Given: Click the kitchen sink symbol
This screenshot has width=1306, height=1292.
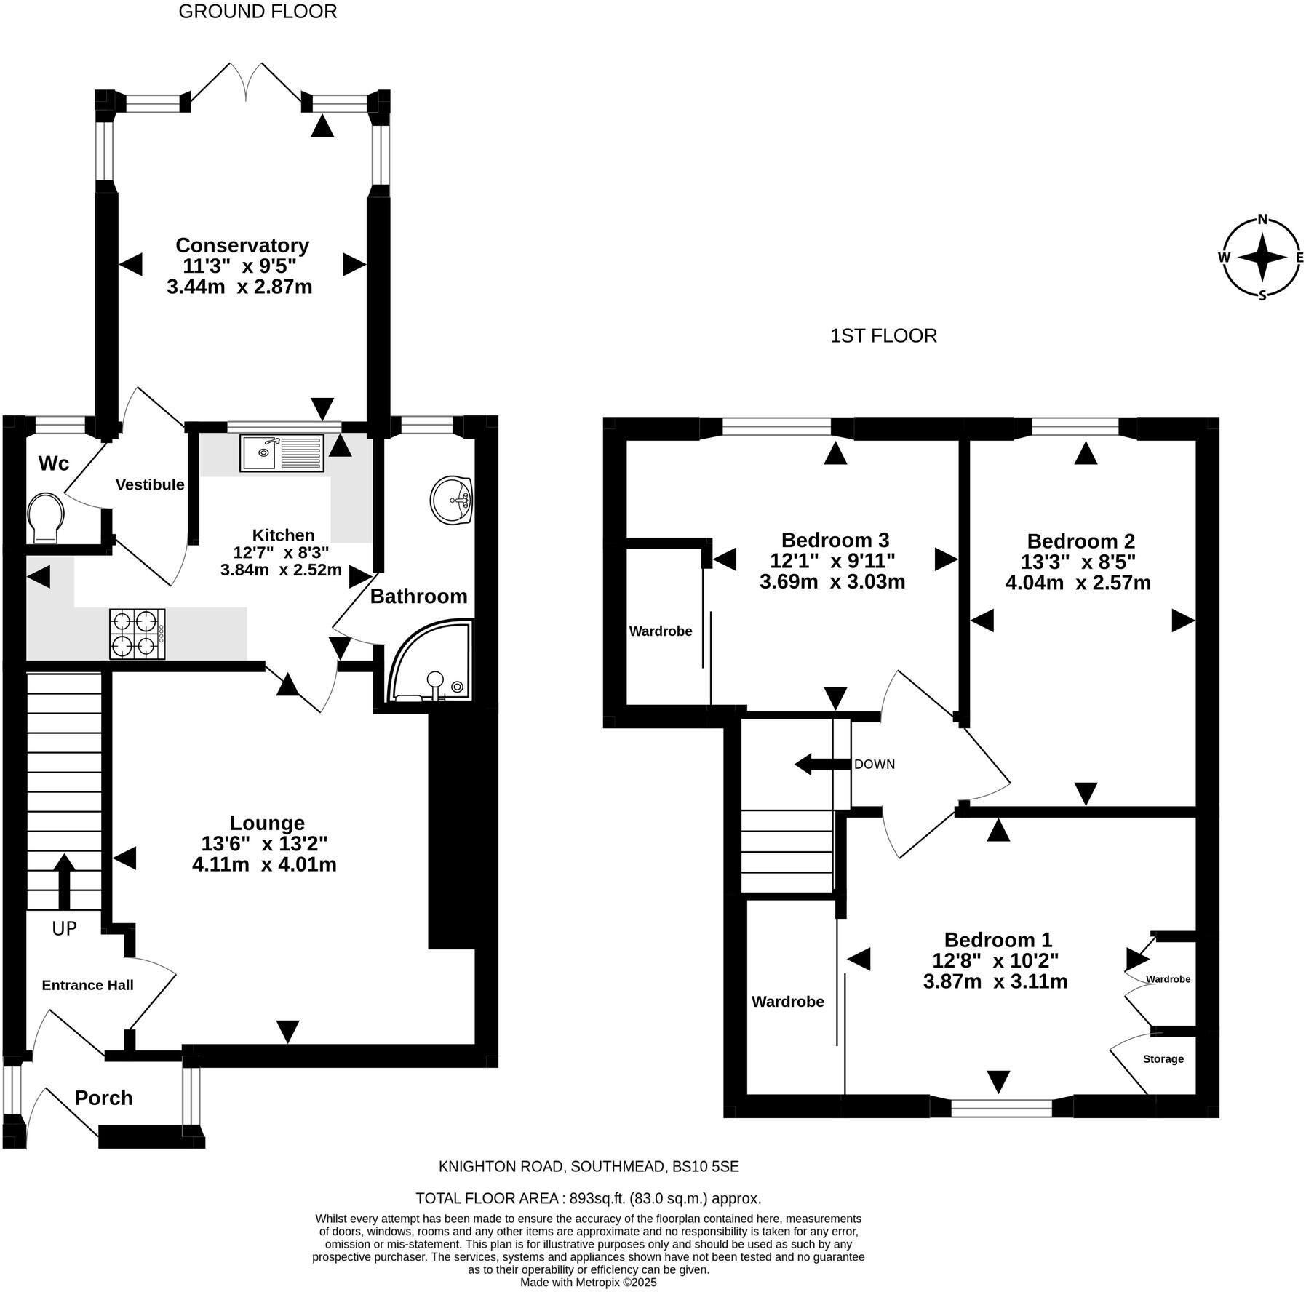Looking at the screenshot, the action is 281,452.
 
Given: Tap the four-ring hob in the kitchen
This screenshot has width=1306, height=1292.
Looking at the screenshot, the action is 138,634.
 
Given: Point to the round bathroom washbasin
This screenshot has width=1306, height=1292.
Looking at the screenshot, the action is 452,500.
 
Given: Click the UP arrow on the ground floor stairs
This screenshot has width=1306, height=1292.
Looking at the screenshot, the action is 64,881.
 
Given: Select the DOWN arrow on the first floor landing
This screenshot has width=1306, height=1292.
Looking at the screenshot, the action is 822,765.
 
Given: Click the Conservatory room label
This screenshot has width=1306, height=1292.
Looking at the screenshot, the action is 242,245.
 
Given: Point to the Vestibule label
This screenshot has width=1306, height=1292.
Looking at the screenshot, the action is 150,484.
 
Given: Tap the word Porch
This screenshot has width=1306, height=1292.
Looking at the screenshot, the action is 104,1098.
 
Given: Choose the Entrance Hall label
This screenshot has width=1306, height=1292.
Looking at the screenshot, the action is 87,985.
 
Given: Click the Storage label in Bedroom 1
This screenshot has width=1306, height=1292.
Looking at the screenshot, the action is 1163,1058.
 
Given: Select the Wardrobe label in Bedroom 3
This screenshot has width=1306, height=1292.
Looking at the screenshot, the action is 661,631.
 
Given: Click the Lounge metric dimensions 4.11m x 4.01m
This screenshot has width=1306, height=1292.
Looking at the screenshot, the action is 264,864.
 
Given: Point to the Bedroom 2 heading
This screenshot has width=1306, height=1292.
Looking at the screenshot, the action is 1080,541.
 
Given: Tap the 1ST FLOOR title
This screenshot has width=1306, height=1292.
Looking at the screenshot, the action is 883,335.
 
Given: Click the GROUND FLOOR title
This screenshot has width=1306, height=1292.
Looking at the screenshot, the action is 258,12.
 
